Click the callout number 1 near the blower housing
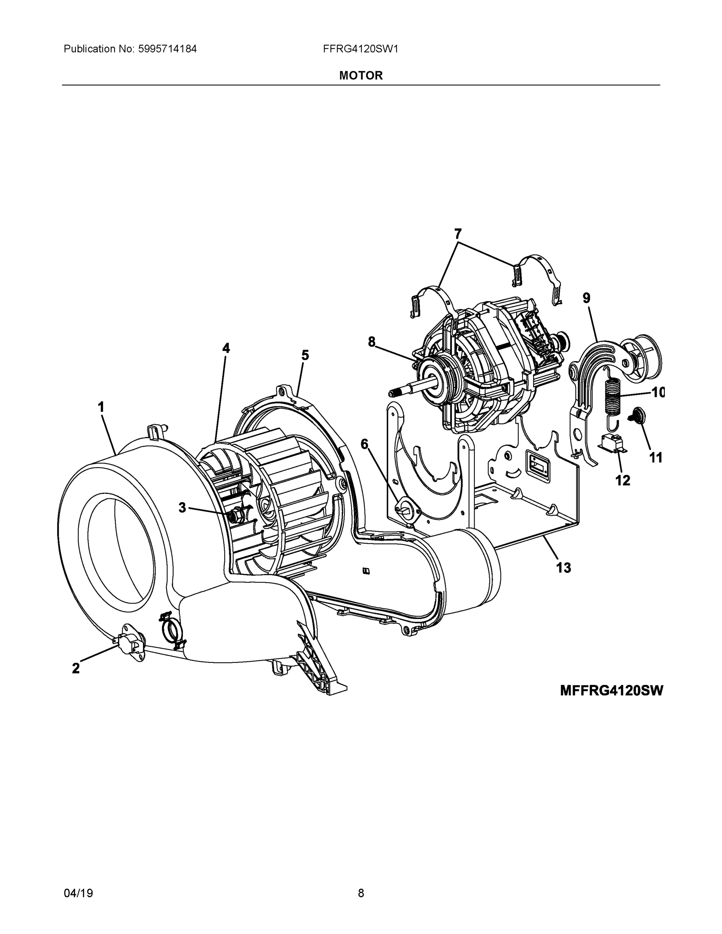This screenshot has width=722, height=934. coord(101,407)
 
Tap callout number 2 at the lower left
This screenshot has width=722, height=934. coord(76,668)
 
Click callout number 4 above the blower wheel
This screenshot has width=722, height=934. coord(226,349)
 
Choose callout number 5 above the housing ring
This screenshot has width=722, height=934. coord(305,355)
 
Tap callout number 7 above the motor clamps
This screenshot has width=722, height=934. coord(458,234)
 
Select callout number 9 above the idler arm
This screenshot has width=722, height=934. coord(587,298)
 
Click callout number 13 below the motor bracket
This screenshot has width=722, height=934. coord(563,568)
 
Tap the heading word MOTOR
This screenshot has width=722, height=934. coord(360,76)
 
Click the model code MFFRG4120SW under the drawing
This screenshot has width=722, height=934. coord(611,691)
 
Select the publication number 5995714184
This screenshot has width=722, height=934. coord(167,49)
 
